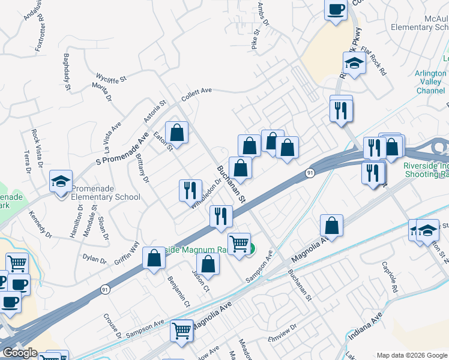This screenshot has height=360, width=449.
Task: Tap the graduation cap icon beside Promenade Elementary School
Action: pos(61,182)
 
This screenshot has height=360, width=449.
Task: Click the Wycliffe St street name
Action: pos(112,78)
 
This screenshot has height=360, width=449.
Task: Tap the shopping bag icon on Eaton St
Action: pos(177,131)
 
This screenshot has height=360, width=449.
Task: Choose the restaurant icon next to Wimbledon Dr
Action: pos(190,190)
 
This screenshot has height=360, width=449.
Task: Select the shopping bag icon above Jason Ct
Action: pos(208,263)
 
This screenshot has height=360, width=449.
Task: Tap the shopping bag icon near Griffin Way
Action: pos(154,258)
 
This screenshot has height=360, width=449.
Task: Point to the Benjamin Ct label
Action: pos(178,291)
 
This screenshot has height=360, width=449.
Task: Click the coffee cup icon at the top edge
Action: pos(336,9)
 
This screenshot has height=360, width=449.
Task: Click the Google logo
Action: pos(20,353)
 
